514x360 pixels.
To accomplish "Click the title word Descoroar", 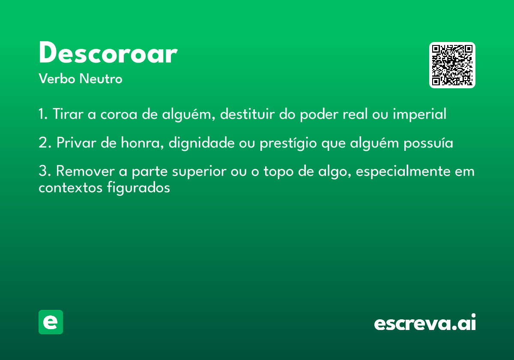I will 108,54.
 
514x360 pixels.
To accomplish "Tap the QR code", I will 452,65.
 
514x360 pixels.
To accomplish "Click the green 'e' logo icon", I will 51,322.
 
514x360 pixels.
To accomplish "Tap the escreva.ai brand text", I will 425,323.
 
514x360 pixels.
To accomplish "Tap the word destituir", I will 247,114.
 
